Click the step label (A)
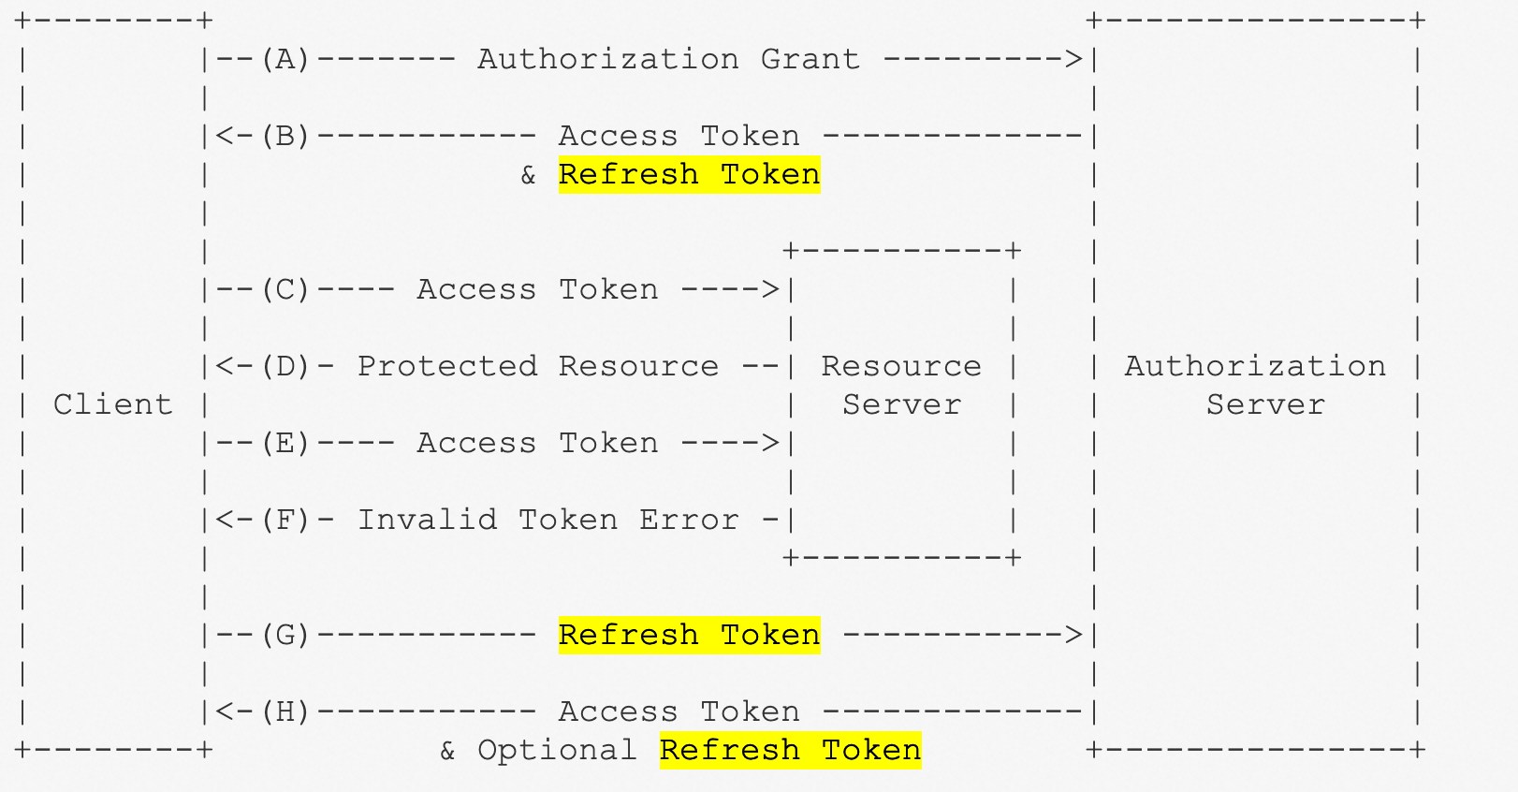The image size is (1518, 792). (285, 60)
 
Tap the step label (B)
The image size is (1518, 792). (285, 137)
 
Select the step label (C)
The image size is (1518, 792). (285, 290)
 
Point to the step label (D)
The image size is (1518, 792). (285, 367)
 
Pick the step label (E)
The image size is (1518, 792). (285, 444)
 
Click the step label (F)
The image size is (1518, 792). (285, 521)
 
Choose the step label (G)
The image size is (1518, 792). (285, 636)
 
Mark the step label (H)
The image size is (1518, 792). (285, 712)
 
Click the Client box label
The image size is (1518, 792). (113, 404)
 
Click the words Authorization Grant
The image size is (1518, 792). (669, 60)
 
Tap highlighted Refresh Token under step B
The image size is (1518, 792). (689, 175)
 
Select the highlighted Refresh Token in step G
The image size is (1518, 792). (689, 636)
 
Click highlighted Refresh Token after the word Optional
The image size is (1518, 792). (790, 751)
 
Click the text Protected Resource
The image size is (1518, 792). (538, 367)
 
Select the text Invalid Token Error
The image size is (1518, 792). (548, 521)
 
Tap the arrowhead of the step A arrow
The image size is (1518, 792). (1074, 60)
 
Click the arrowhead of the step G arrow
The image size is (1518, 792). (1074, 636)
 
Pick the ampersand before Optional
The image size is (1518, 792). (447, 751)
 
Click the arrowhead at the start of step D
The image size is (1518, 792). (225, 367)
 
